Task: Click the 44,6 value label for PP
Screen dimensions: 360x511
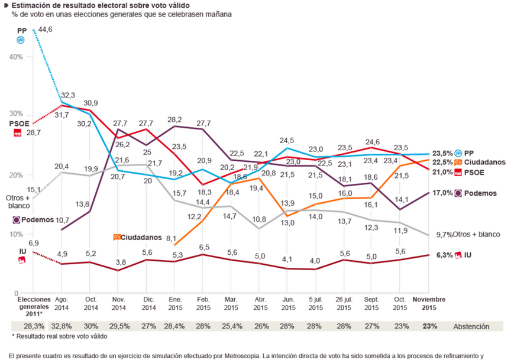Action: [46, 30]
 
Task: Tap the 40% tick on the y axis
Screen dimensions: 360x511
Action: [15, 57]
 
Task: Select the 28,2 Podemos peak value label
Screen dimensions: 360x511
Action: [176, 119]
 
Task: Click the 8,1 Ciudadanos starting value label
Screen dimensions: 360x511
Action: [172, 239]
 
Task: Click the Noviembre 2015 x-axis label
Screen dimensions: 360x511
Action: [428, 304]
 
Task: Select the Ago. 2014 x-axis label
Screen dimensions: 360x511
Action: [62, 304]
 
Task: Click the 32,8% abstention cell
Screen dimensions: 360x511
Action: [62, 326]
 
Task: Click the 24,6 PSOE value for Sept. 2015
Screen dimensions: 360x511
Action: [372, 142]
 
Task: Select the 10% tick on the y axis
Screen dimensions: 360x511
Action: [15, 234]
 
